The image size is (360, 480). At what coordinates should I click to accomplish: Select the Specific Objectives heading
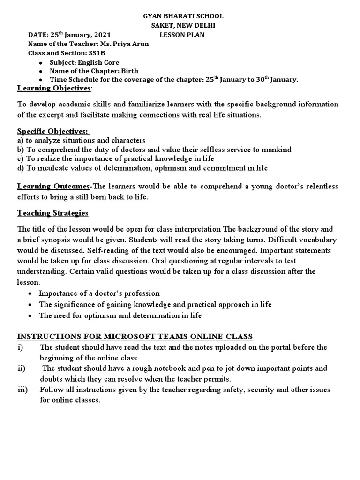click(52, 131)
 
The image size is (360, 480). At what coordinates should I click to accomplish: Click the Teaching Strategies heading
click(52, 213)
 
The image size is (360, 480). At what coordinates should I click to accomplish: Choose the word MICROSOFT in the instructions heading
click(133, 337)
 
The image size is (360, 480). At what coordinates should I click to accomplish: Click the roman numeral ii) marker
click(22, 368)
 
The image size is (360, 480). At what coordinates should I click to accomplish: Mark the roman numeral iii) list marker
click(23, 390)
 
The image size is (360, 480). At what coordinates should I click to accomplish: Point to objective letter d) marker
click(21, 167)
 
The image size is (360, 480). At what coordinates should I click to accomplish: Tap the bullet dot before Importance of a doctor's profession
click(30, 294)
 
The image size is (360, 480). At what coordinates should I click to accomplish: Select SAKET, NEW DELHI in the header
click(183, 25)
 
